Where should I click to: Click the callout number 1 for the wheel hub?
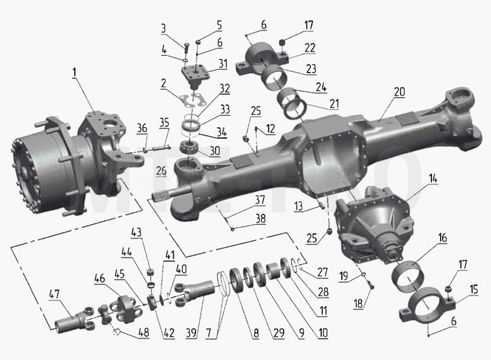74,72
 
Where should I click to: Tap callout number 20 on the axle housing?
400,92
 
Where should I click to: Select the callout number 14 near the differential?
433,179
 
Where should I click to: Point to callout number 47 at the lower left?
54,294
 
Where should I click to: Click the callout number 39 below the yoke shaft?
191,333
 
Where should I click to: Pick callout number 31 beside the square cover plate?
223,64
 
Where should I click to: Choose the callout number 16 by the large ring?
442,238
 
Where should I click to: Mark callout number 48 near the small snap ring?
144,332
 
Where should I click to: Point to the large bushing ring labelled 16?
409,273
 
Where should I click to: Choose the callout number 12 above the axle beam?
271,129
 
